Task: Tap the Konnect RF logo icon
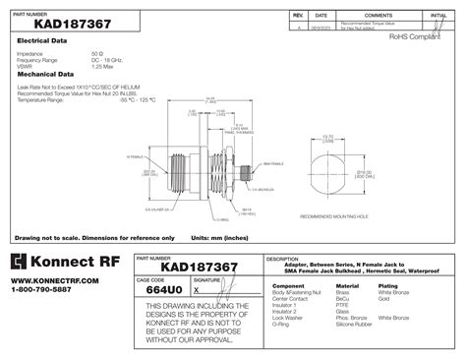[23, 262]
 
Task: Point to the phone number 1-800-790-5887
[42, 290]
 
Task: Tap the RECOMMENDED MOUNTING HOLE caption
[334, 215]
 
